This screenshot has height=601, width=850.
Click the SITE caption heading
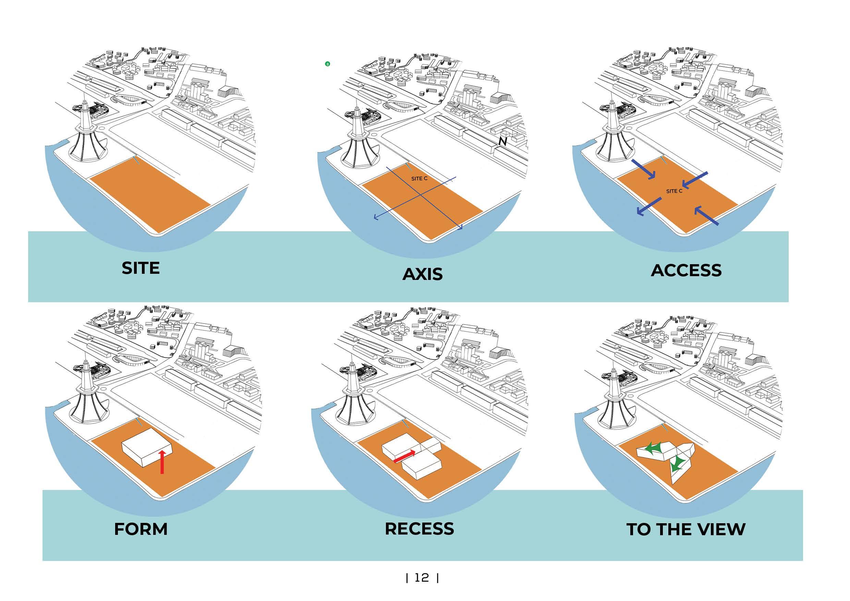point(140,268)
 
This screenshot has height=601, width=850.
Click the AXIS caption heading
point(422,274)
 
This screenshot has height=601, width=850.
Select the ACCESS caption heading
point(686,271)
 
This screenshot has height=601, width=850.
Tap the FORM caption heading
point(141,529)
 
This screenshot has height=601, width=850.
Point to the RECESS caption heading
point(419,529)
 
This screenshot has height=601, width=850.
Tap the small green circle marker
point(327,64)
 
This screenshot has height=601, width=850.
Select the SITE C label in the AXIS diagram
point(419,179)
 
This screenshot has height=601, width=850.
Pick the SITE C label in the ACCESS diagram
point(674,191)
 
